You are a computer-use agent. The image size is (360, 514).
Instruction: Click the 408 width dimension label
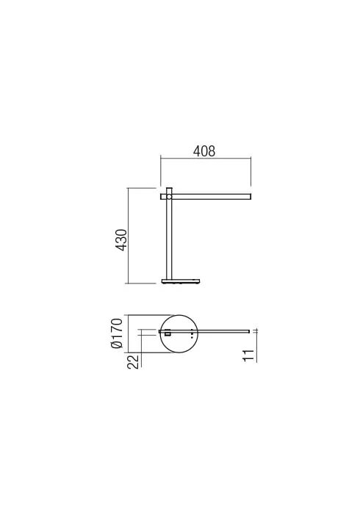(x=204, y=151)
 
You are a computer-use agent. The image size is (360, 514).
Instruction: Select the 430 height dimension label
(x=122, y=239)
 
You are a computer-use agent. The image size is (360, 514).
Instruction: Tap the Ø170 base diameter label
(x=115, y=335)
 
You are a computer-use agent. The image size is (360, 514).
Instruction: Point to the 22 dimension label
(x=133, y=361)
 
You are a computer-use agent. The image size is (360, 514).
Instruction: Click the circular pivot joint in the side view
(x=168, y=197)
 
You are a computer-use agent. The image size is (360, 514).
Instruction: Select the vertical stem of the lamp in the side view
(x=168, y=239)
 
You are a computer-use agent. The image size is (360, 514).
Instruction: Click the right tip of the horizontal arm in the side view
(x=251, y=196)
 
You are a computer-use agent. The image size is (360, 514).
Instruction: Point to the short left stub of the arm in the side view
(x=162, y=197)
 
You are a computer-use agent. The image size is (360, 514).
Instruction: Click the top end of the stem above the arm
(x=168, y=189)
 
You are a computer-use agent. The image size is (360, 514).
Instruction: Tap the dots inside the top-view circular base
(x=192, y=333)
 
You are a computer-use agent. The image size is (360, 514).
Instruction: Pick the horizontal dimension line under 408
(x=205, y=160)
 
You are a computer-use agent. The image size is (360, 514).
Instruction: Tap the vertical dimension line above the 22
(x=140, y=345)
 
